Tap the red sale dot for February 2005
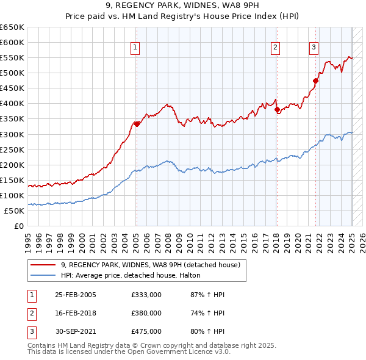tap(137, 124)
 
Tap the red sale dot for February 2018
tap(277, 110)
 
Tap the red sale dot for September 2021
tap(316, 81)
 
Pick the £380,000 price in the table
tap(146, 313)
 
